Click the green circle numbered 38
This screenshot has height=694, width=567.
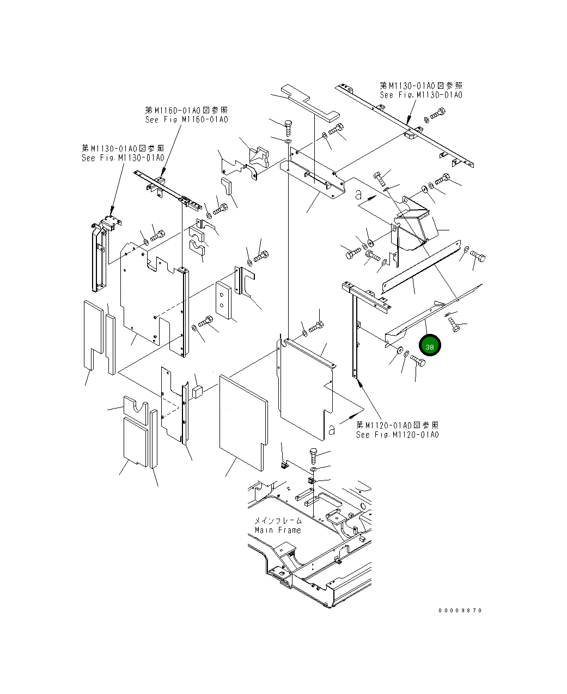429,347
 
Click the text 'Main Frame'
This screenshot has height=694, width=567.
277,530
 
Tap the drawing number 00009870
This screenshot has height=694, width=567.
460,611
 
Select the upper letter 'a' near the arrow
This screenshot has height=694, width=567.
358,193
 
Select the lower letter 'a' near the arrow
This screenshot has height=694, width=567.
331,430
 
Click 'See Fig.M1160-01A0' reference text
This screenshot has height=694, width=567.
186,120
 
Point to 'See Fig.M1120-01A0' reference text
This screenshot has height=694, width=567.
397,435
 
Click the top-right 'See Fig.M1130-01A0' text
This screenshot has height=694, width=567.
421,95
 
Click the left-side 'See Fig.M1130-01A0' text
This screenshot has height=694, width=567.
123,158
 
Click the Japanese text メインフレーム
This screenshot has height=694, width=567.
278,521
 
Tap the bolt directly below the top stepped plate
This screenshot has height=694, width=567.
288,127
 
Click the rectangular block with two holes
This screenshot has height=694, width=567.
224,301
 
